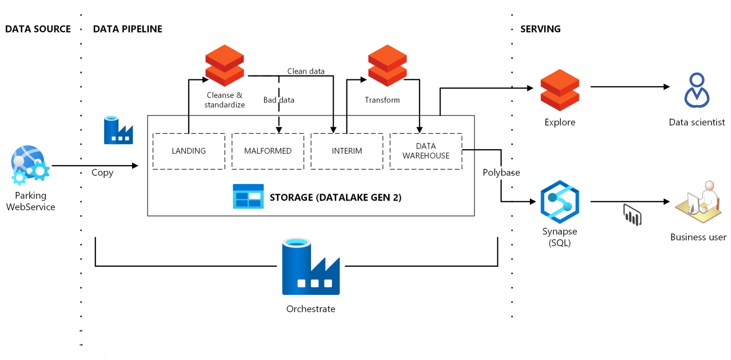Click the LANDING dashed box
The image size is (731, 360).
[x=189, y=151]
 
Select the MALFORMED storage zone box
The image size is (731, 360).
[x=267, y=151]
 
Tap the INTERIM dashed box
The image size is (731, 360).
[x=346, y=151]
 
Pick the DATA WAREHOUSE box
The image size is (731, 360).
[x=426, y=151]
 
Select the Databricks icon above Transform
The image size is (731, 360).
[x=387, y=65]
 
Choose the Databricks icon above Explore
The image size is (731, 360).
[x=560, y=89]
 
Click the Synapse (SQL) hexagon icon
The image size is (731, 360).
[x=560, y=201]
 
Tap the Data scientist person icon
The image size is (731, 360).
[x=697, y=90]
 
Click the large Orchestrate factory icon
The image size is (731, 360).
[x=311, y=268]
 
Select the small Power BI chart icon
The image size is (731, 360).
[x=632, y=215]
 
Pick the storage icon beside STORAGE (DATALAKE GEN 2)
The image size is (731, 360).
[x=248, y=196]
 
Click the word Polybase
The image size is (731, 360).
[x=501, y=173]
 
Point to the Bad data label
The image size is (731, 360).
[x=279, y=100]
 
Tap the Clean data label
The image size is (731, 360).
[x=306, y=71]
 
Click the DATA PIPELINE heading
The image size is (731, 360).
[x=127, y=29]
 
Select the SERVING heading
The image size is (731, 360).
[x=540, y=29]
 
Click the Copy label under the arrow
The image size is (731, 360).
[x=102, y=173]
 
